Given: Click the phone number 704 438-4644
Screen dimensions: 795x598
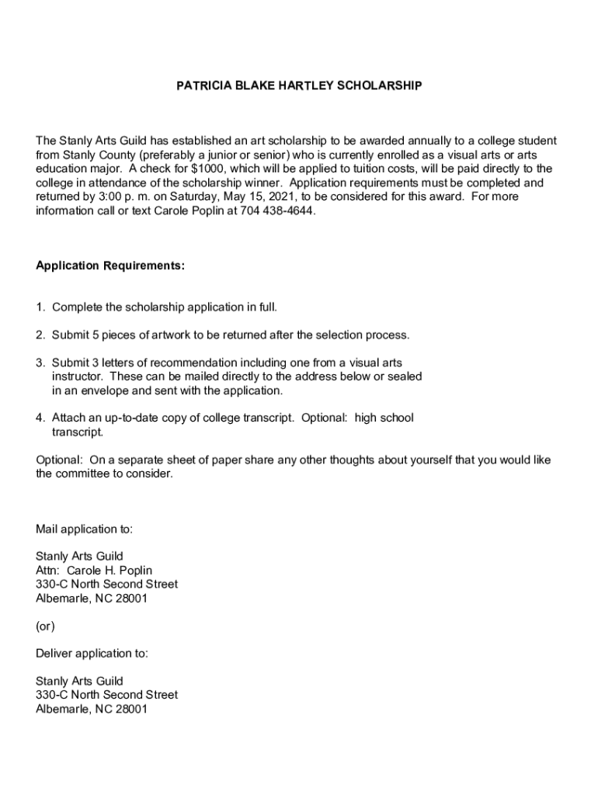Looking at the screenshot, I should point(278,210).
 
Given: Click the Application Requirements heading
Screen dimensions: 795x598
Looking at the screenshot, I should point(110,266).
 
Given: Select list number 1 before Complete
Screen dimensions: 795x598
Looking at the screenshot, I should point(40,307).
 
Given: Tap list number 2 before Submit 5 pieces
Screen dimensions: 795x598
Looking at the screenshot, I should point(40,335).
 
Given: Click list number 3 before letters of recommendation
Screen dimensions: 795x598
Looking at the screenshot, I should point(40,363).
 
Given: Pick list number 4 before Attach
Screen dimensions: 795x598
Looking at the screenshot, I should point(40,418).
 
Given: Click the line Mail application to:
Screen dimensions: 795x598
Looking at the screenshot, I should point(84,529).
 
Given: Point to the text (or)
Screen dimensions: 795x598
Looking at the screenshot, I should point(45,626).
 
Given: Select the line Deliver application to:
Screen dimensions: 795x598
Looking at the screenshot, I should point(92,653).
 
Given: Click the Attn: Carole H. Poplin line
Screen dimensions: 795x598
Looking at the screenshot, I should point(94,570).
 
